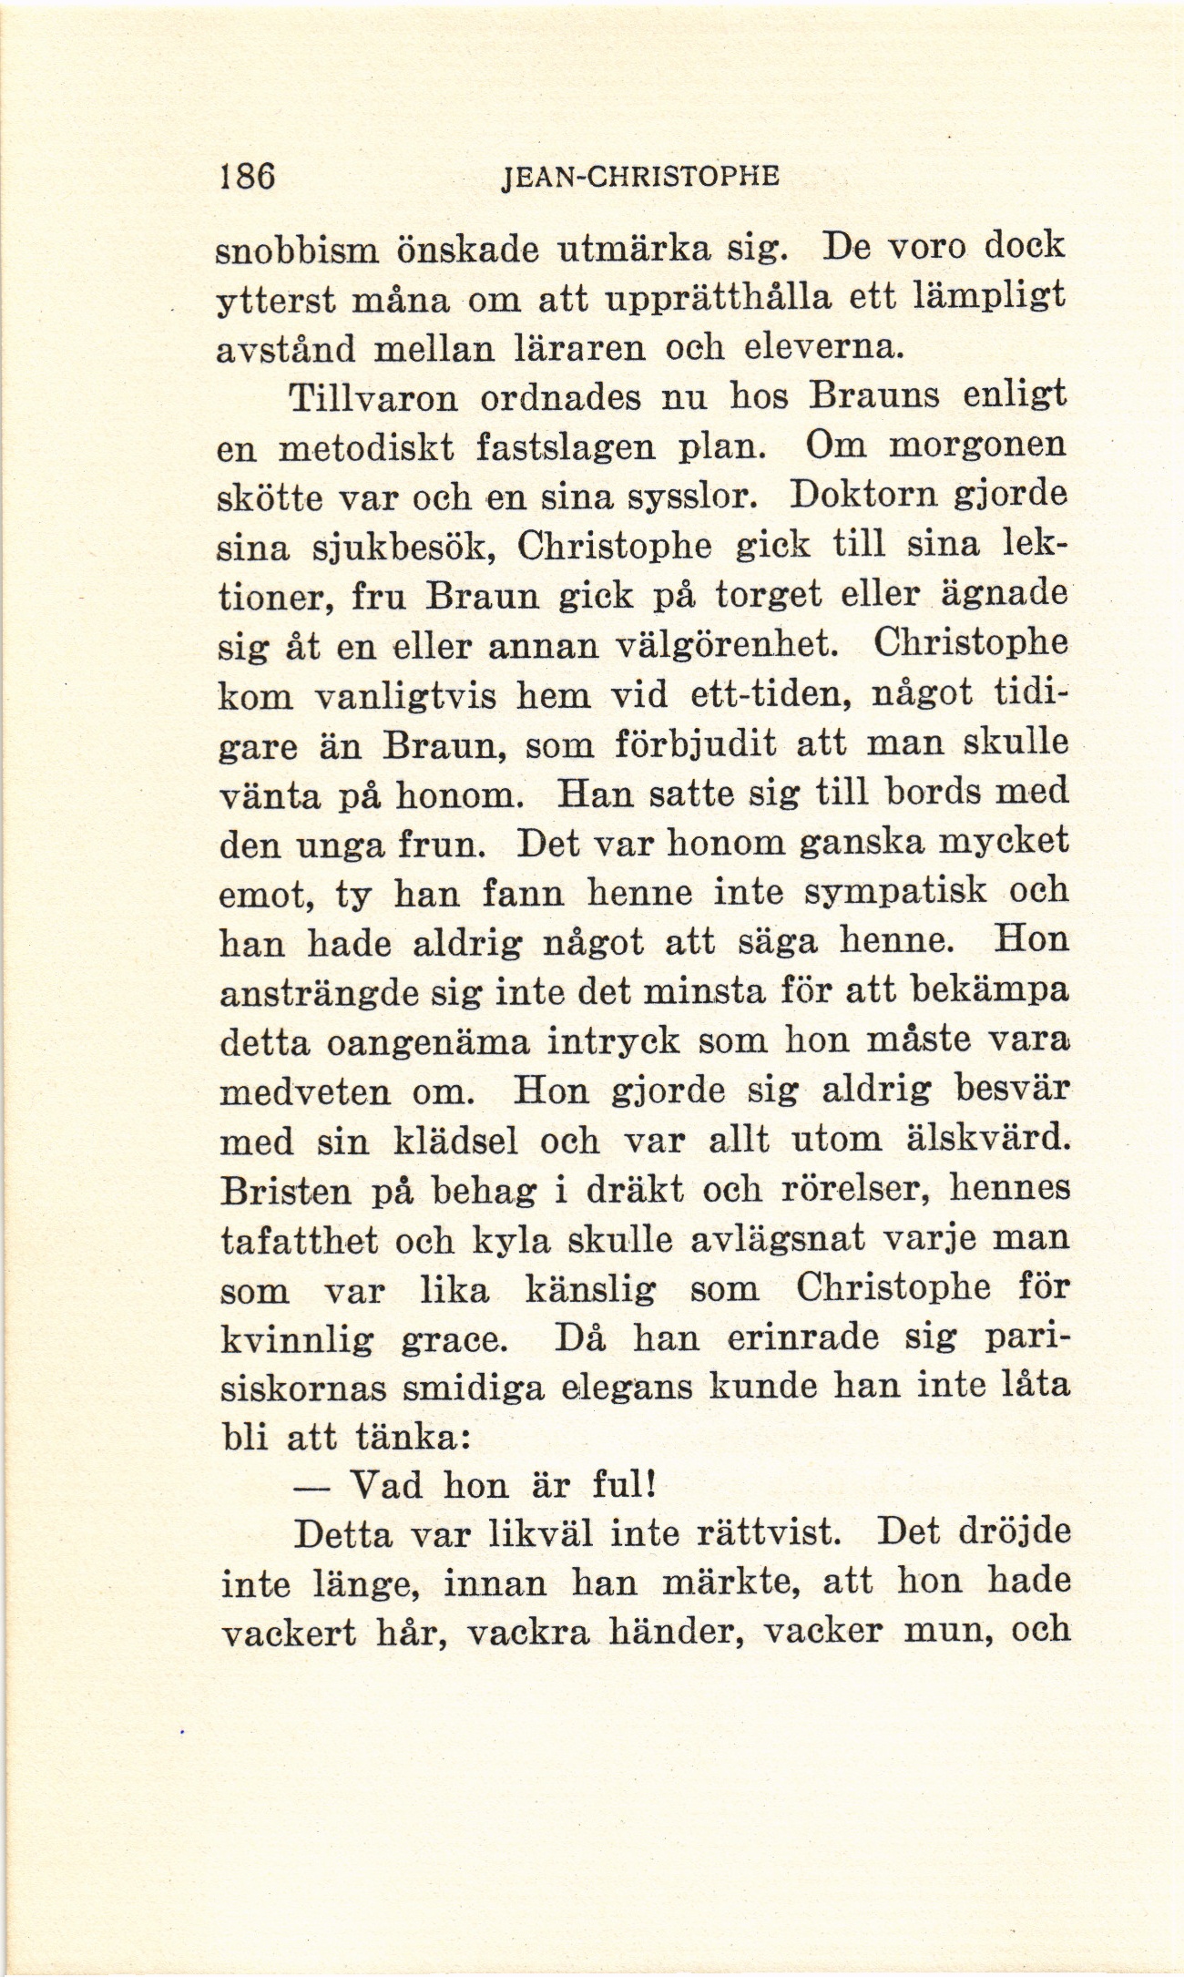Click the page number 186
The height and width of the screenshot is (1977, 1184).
247,174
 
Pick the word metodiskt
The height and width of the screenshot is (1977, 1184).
373,448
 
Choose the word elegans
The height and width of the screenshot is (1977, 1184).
626,1388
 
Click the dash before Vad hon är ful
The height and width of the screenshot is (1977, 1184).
311,1489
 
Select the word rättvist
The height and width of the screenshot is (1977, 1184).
752,1536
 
